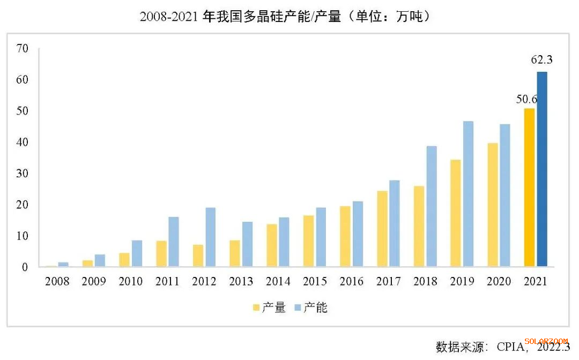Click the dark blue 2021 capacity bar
[542, 169]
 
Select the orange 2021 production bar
[529, 187]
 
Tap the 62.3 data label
[541, 60]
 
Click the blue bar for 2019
[468, 193]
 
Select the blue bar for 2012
[211, 237]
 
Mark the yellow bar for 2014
[272, 245]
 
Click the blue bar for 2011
[174, 241]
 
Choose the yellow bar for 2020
[492, 205]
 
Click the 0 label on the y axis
[25, 267]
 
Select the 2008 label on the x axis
[57, 281]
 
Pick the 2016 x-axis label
[351, 281]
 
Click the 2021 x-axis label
[535, 281]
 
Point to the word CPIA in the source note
[509, 347]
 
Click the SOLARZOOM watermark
[546, 341]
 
